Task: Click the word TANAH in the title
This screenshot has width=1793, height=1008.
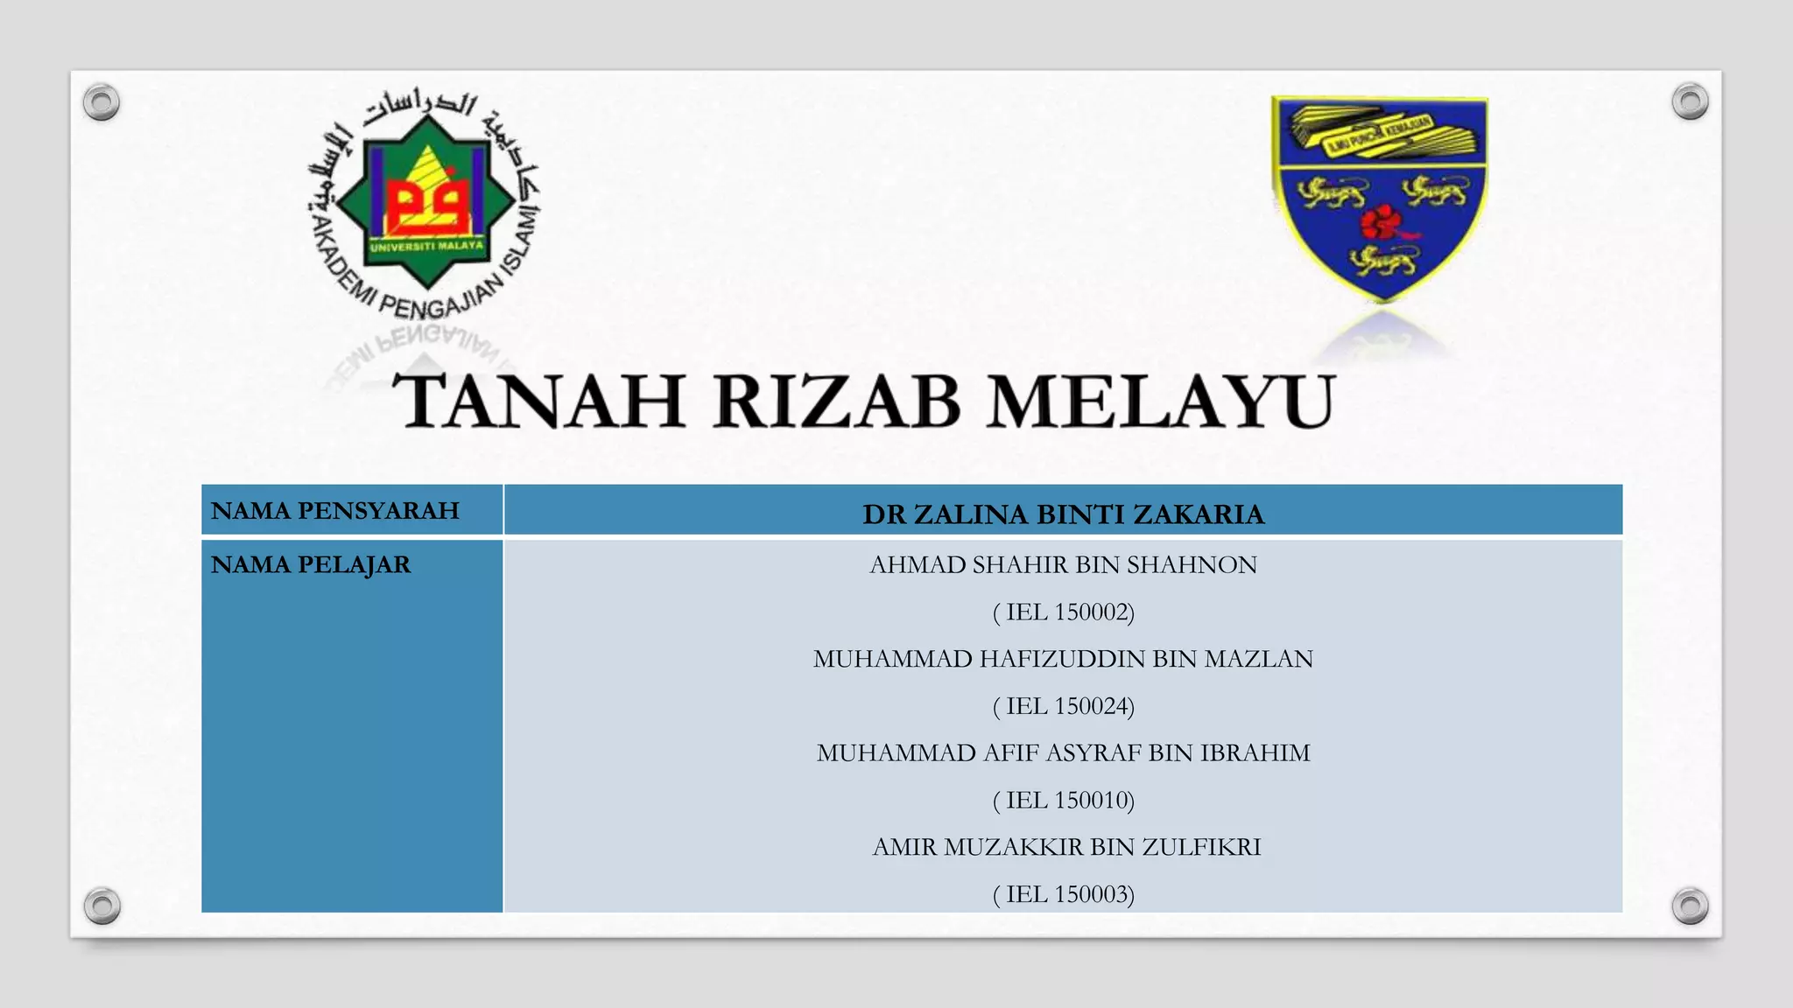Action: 539,402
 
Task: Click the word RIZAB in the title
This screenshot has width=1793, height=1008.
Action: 836,402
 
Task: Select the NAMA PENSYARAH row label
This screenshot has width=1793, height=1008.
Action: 335,511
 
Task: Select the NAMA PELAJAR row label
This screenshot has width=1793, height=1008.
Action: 311,565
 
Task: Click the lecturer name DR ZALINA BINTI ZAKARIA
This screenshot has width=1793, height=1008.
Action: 1063,514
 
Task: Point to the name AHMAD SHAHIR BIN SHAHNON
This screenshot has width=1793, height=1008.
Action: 1063,565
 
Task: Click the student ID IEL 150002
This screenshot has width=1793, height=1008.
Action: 1063,612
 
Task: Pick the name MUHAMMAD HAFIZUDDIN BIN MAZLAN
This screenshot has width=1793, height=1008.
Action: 1063,659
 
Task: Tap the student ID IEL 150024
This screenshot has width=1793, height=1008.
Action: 1063,706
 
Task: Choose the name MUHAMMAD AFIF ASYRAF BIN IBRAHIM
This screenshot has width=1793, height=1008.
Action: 1063,753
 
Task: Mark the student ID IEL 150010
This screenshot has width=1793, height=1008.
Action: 1063,801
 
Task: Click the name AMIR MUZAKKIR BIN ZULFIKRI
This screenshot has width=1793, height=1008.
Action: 1066,847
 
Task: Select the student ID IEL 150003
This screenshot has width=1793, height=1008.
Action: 1063,894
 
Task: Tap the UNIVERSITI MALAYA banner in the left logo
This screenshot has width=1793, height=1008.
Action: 426,247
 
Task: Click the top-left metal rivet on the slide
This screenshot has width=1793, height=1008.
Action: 102,102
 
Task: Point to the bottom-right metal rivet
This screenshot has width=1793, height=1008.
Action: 1690,906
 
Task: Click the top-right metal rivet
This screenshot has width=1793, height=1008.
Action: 1690,101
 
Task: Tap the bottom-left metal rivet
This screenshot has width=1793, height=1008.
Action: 102,906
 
